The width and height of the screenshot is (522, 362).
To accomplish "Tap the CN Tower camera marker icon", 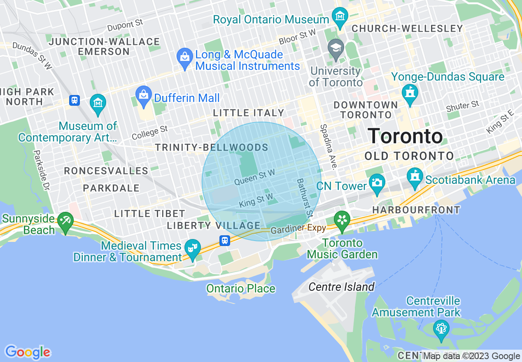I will tap(377, 181).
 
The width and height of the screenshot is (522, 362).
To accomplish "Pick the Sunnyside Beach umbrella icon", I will tap(65, 221).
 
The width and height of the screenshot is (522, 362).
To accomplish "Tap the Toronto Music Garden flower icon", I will tap(342, 218).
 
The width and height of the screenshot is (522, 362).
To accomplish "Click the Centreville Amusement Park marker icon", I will tap(441, 328).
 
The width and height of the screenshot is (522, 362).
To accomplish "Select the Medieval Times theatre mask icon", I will tap(191, 248).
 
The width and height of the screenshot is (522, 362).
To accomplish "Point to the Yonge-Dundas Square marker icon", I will tap(410, 93).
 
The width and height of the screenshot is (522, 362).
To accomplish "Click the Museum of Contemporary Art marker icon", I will tap(98, 102).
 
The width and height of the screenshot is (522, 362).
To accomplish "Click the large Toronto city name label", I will tap(405, 136).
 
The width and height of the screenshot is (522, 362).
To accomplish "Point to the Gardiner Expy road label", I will tap(298, 229).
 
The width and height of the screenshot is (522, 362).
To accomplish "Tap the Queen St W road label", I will tap(254, 177).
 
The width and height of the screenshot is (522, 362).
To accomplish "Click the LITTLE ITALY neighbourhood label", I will tap(249, 113).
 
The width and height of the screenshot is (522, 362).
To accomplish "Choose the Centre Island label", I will tap(341, 286).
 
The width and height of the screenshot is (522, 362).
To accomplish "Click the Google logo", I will tap(28, 352).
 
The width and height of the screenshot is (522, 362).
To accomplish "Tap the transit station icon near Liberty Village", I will tap(224, 240).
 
